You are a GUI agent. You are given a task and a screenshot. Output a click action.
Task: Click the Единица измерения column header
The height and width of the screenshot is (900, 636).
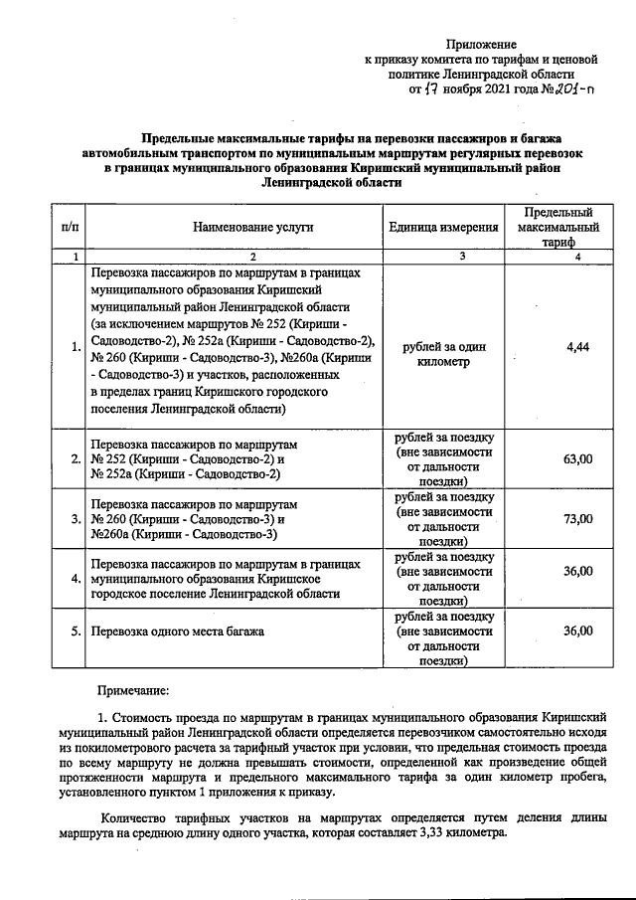coord(443,227)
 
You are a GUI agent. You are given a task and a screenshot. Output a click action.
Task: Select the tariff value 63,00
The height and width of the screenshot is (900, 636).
coord(577,458)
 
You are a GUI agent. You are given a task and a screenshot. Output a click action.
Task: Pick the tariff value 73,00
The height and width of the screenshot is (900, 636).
coord(577,518)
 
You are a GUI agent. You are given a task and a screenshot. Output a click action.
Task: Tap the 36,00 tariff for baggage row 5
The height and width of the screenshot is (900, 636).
coord(577,630)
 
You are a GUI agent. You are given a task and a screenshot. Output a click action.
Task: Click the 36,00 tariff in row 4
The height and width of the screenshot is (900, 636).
coord(577,571)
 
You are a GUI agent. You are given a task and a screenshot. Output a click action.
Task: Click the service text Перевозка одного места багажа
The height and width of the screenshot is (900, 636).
coord(178,631)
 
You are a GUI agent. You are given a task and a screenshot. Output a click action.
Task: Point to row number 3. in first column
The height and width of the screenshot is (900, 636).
coord(76,519)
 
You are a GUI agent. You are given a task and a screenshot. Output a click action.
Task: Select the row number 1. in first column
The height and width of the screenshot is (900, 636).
coord(76,347)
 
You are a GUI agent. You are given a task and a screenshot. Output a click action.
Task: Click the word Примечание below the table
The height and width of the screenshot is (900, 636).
coord(133,688)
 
